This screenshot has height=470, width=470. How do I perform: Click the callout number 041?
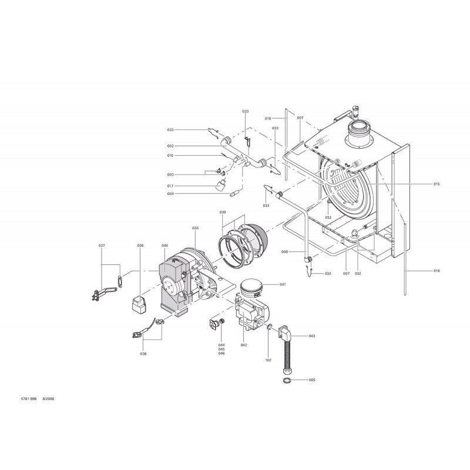click(x=283, y=284)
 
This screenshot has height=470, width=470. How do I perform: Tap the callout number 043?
click(x=312, y=336)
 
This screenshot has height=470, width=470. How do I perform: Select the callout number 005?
click(x=312, y=380)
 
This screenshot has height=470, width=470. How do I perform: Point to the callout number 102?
click(x=268, y=360)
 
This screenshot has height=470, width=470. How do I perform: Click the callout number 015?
click(x=436, y=184)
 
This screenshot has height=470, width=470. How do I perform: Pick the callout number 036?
click(x=140, y=246)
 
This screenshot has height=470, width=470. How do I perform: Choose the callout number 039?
click(x=223, y=212)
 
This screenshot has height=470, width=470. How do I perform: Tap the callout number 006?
click(x=284, y=252)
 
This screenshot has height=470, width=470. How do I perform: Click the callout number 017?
click(x=170, y=186)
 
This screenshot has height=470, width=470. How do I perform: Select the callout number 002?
click(x=170, y=146)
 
